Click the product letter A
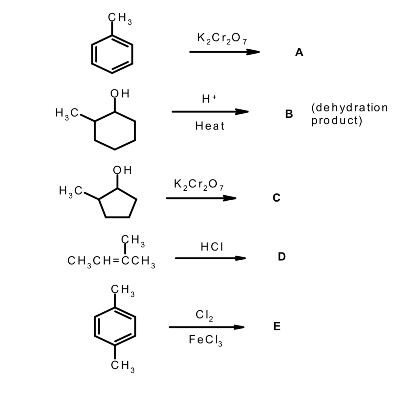tap(299, 52)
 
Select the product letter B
tap(289, 114)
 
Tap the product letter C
tap(276, 198)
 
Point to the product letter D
tap(281, 256)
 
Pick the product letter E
tap(277, 326)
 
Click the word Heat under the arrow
tap(210, 126)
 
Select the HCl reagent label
tap(212, 247)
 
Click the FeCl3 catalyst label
tap(206, 340)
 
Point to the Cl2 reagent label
tap(204, 315)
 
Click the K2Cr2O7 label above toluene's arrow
tap(222, 39)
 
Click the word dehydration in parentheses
tap(350, 108)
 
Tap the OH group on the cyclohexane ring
tap(120, 94)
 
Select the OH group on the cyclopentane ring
tap(122, 170)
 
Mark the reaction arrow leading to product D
tap(210, 258)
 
